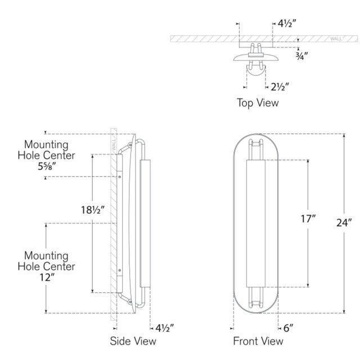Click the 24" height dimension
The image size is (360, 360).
[x=344, y=223]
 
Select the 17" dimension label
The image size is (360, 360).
[x=308, y=219]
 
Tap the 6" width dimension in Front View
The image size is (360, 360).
[x=288, y=328]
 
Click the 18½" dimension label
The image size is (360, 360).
[x=93, y=210]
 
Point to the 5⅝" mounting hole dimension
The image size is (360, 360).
[x=47, y=166]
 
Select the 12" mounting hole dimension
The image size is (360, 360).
[x=47, y=277]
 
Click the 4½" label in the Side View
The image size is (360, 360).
[x=164, y=328]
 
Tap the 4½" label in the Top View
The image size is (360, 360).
[x=287, y=24]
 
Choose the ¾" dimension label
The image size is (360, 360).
[x=301, y=56]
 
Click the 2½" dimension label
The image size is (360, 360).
[x=280, y=87]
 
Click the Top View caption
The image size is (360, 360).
[x=258, y=102]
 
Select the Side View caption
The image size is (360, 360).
[x=133, y=341]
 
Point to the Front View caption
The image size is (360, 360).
[x=258, y=341]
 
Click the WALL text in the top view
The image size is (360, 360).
[x=336, y=39]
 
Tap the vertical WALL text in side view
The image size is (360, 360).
[x=114, y=145]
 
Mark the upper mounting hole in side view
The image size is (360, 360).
[x=119, y=177]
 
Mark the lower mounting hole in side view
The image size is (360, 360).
[x=119, y=271]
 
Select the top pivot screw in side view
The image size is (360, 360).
[x=130, y=145]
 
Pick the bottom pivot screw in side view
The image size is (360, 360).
[x=130, y=301]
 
